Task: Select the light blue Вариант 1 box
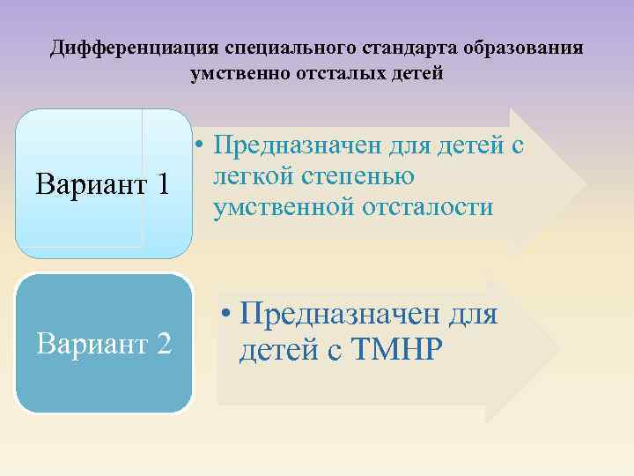[103, 183]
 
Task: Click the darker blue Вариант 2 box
[103, 344]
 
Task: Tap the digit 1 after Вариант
[162, 185]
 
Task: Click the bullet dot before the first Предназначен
[202, 145]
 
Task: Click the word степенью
[357, 176]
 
